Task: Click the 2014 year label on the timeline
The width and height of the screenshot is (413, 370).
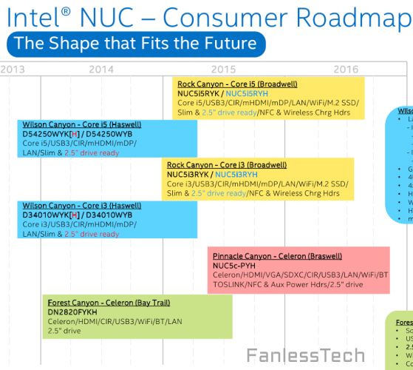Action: pos(101,69)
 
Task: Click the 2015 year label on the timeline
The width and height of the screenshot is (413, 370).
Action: pos(224,69)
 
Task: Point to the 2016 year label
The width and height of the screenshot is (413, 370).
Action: pos(346,69)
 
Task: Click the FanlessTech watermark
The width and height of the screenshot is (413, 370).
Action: pos(305,355)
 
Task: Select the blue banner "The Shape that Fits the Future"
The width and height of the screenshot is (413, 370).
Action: pos(135,43)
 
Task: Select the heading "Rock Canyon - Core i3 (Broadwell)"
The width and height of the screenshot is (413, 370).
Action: pos(227,164)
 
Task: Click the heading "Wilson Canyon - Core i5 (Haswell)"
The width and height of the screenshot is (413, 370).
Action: pos(82,124)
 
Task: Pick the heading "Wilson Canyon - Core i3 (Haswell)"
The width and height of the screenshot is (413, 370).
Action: pos(82,205)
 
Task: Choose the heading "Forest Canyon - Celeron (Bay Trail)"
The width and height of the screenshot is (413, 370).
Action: pos(109,303)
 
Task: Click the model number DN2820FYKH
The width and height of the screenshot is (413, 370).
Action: pos(72,312)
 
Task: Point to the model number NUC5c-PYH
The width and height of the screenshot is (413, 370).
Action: pos(234,265)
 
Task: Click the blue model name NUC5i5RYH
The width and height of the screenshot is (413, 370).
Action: pos(247,94)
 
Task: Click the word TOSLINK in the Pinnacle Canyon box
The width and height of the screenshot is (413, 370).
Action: pos(230,284)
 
